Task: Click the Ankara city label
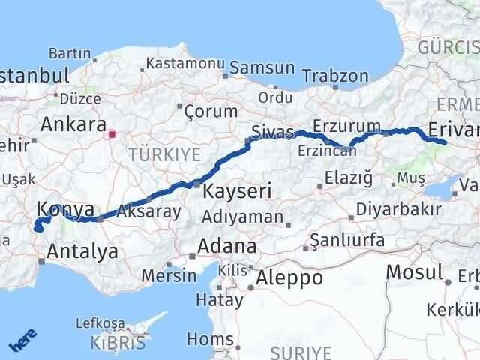click(x=73, y=124)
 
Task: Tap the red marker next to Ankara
click(x=112, y=135)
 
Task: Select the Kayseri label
click(x=237, y=192)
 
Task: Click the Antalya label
click(x=82, y=251)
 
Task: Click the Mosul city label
click(x=414, y=271)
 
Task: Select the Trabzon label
click(x=335, y=76)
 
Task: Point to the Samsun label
click(x=262, y=67)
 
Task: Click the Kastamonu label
click(x=181, y=64)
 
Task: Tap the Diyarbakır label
click(x=398, y=209)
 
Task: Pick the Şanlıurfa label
click(x=347, y=241)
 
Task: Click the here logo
click(x=20, y=341)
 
